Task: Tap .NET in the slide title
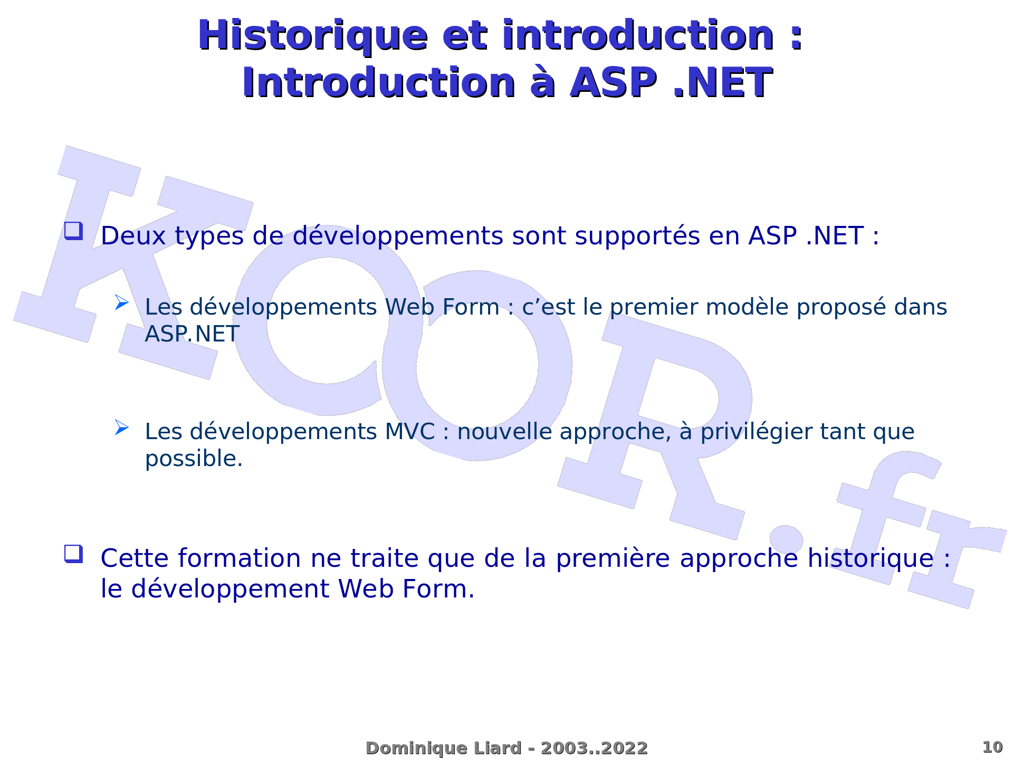[723, 83]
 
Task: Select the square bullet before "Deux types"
[73, 231]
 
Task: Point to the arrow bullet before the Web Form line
[122, 302]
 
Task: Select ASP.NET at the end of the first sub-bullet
[192, 334]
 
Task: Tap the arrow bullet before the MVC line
[122, 427]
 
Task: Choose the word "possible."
[194, 459]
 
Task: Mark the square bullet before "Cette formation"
[73, 554]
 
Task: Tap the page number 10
[992, 747]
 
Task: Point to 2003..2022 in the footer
[594, 748]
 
